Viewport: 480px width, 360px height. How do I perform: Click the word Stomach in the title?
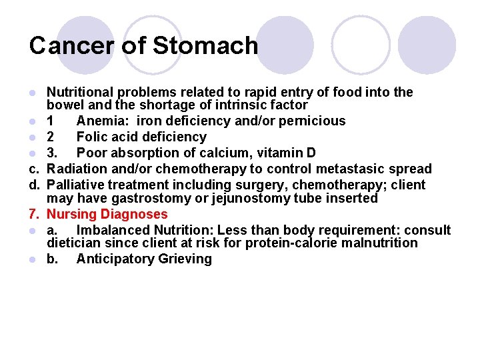[x=205, y=46]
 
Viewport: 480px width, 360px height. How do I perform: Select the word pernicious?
[x=313, y=121]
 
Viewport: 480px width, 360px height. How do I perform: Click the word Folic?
[x=93, y=137]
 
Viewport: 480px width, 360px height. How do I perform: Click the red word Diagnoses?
[x=133, y=214]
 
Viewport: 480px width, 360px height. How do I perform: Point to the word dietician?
[x=73, y=243]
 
